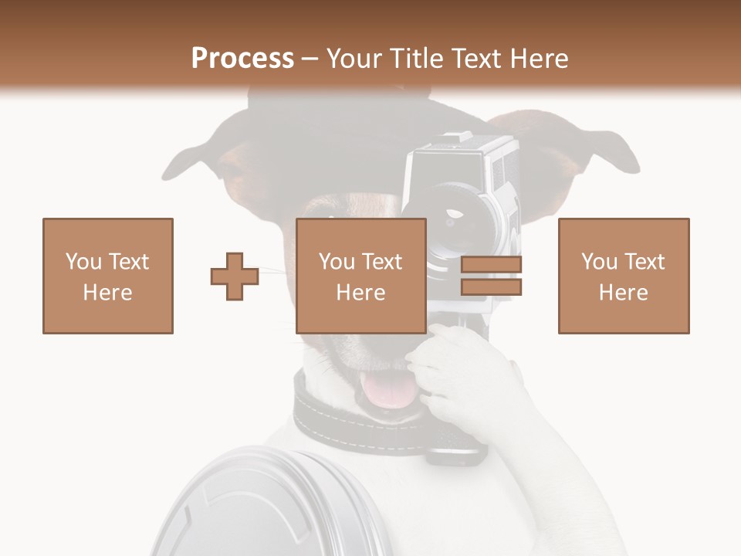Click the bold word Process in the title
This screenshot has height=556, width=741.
click(242, 58)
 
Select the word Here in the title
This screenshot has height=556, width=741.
click(538, 58)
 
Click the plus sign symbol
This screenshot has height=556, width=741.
click(235, 276)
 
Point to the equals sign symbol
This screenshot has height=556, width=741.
click(491, 276)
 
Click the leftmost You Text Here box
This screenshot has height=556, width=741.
click(108, 276)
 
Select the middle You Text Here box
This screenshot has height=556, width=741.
click(361, 276)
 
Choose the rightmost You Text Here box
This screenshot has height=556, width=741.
click(624, 276)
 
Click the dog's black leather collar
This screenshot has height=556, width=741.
click(340, 417)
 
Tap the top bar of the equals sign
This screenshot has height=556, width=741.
click(491, 266)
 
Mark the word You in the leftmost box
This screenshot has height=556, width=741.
click(83, 262)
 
